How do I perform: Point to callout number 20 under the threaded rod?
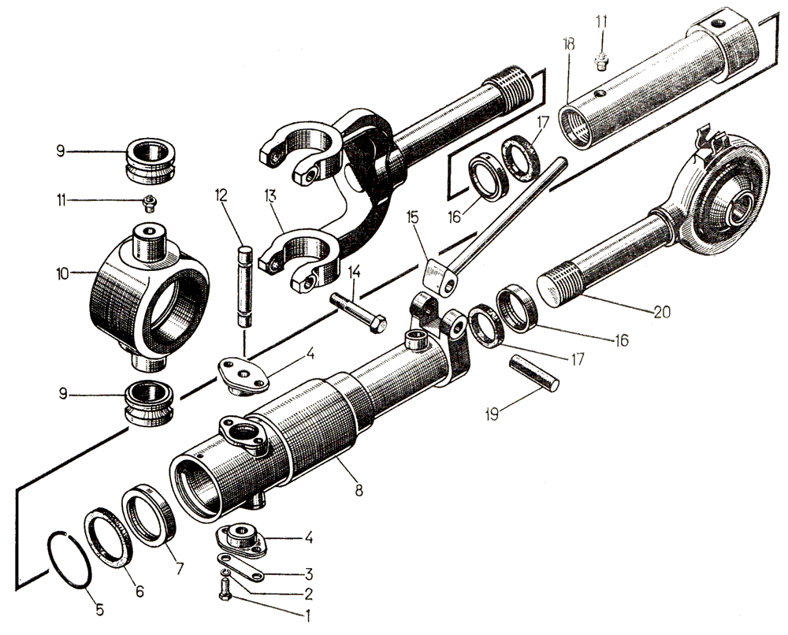pyautogui.click(x=661, y=311)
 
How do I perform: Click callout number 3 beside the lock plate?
pyautogui.click(x=310, y=573)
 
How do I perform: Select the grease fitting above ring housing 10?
pyautogui.click(x=150, y=202)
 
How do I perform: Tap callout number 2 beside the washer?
pyautogui.click(x=310, y=593)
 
